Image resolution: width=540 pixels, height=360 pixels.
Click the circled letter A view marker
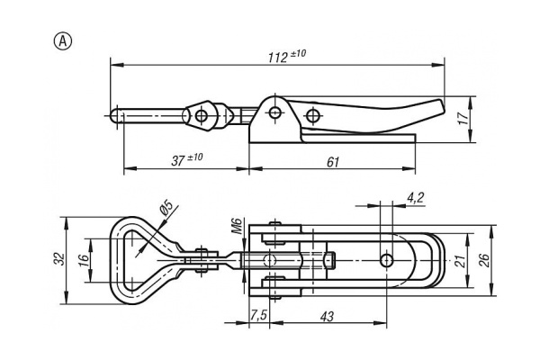coord(63,41)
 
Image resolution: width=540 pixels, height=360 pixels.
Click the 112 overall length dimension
coord(286,56)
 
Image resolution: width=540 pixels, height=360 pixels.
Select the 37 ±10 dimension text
coord(187,159)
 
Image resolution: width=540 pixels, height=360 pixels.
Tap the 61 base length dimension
coord(333,162)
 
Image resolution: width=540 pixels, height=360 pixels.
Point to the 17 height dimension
coord(463,118)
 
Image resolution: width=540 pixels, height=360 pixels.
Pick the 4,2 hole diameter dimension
coord(415,198)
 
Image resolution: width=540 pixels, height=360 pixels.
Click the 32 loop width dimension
coord(60,259)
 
